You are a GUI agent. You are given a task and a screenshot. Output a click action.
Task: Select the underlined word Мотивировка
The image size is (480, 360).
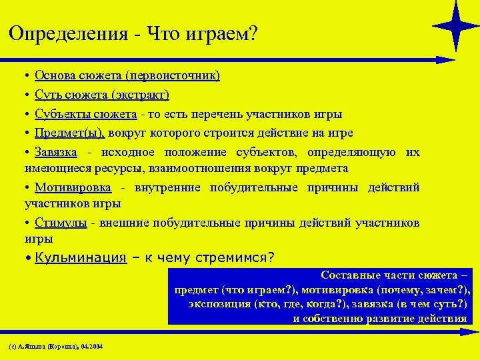coord(73,187)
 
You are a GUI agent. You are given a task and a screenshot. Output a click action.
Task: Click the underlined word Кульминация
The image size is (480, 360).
coord(81,258)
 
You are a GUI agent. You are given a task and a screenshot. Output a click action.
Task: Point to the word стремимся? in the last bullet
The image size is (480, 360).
coord(236,258)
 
